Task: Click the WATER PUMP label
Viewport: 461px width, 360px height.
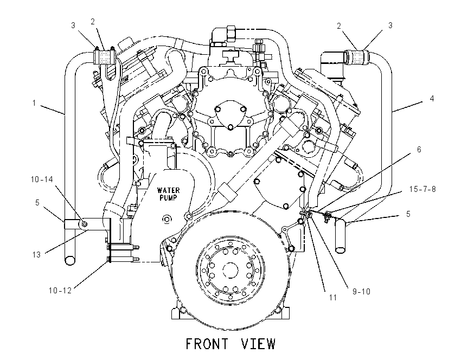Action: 168,194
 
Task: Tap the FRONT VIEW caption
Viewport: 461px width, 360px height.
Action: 231,344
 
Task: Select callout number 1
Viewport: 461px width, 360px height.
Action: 34,103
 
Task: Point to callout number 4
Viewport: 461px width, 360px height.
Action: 432,99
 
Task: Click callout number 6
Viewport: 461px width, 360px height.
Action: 419,150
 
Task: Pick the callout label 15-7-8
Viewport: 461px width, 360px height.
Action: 422,189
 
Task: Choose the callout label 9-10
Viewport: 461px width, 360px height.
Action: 361,292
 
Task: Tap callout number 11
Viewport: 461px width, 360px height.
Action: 333,298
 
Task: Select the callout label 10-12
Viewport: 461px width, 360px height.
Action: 60,291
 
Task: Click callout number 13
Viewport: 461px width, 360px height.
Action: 36,254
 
